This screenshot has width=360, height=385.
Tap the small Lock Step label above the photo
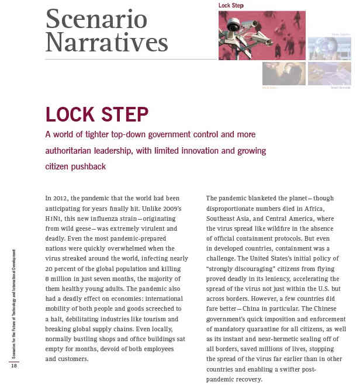(x=231, y=6)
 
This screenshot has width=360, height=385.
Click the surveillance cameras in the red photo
(x=245, y=32)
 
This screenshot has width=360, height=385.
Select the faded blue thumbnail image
(x=329, y=48)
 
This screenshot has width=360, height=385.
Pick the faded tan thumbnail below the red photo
(x=283, y=74)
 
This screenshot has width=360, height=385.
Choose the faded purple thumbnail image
(x=329, y=74)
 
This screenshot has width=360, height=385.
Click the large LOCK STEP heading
(x=97, y=113)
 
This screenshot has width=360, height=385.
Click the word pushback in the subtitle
(x=86, y=167)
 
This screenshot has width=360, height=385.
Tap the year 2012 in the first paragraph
(x=61, y=198)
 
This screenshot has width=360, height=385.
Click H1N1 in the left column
(x=56, y=218)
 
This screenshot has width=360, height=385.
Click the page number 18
(x=13, y=365)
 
